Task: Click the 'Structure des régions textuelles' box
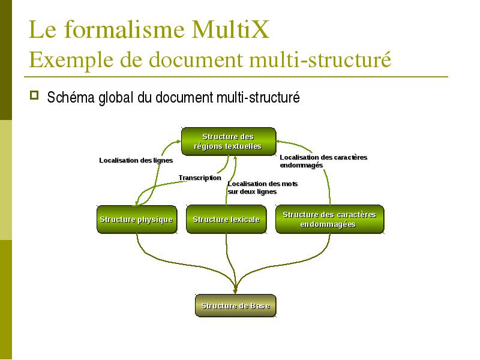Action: pos(229,142)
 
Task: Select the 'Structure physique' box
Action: pos(137,219)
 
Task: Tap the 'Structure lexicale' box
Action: pos(226,219)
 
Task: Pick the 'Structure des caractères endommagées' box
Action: pos(329,219)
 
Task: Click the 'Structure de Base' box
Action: pos(235,305)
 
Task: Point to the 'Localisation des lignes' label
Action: pos(136,160)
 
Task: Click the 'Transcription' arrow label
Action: pos(200,178)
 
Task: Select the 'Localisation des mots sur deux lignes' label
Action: pos(262,188)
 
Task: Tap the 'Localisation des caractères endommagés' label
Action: pos(323,161)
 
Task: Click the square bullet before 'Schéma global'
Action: pos(34,95)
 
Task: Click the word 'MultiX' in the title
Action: pos(230,29)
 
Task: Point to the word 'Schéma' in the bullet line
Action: pos(71,97)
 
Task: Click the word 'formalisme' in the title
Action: pos(124,29)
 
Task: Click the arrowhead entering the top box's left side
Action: pos(178,141)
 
